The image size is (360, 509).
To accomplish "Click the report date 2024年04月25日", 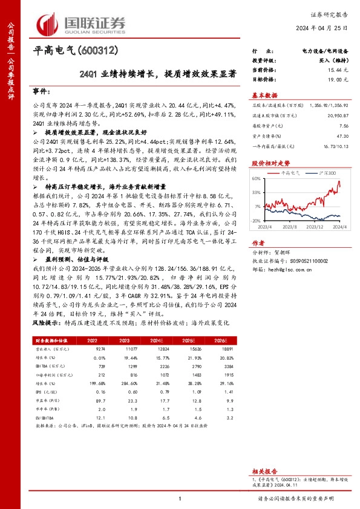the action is (328, 29).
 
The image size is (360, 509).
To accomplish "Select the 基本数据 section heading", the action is (264, 96).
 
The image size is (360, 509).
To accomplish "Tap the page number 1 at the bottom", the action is (180, 498).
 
